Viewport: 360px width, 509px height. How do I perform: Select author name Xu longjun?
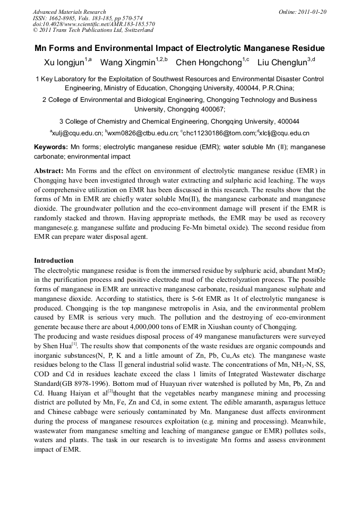point(64,63)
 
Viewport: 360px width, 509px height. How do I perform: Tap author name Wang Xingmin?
point(127,63)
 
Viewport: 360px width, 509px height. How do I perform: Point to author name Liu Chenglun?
point(282,63)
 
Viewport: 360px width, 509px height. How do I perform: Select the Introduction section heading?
point(54,261)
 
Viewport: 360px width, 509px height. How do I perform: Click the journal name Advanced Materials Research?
point(69,12)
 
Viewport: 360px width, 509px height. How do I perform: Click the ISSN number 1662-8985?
point(63,18)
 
